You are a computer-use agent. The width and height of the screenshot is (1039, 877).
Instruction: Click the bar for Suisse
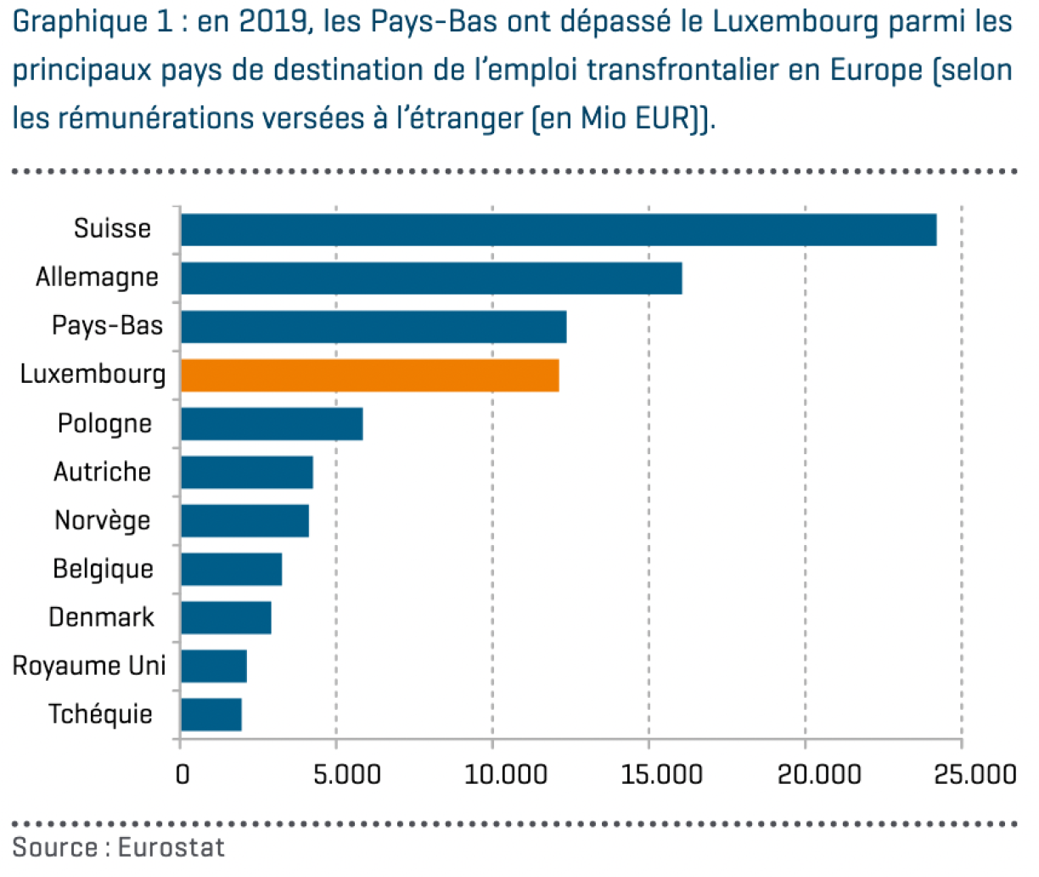(x=558, y=230)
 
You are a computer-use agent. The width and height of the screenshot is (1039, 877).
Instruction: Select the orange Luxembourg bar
(x=369, y=375)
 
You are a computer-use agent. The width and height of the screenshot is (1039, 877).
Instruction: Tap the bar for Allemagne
(x=430, y=278)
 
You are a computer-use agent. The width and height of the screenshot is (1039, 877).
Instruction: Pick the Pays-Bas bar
(x=373, y=327)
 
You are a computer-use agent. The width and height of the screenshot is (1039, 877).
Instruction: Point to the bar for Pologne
(x=272, y=424)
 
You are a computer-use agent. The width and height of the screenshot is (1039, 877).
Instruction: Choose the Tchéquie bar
(x=211, y=715)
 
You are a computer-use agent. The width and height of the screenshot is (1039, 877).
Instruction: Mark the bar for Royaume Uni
(x=214, y=666)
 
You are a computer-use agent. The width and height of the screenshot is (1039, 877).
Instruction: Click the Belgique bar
(x=231, y=569)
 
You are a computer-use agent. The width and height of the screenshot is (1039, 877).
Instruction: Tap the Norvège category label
(x=103, y=520)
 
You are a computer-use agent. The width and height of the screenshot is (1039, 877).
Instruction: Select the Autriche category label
(x=102, y=472)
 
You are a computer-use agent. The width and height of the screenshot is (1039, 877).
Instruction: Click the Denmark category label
(x=101, y=617)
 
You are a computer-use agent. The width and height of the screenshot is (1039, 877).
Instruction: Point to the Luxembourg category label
(x=93, y=374)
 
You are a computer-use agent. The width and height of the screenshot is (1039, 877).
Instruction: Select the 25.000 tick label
(x=974, y=774)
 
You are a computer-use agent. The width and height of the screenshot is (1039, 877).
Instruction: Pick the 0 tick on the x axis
(x=183, y=774)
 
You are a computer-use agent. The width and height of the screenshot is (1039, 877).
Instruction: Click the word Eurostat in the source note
(x=171, y=847)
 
